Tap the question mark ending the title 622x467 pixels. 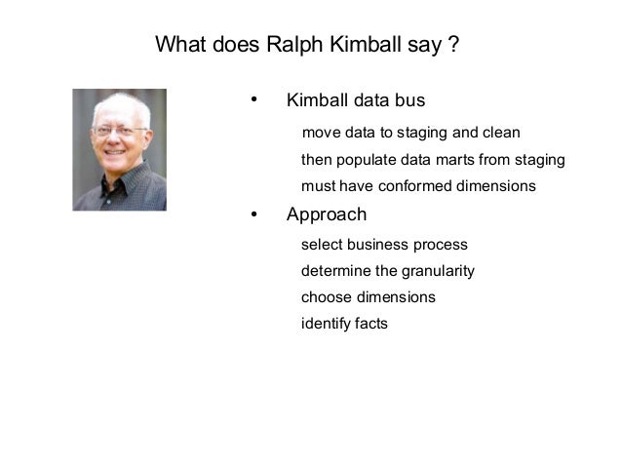453,45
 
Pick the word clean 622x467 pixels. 499,133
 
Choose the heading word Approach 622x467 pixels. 327,214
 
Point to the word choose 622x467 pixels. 324,297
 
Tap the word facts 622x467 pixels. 371,324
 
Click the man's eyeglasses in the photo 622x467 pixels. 120,131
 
